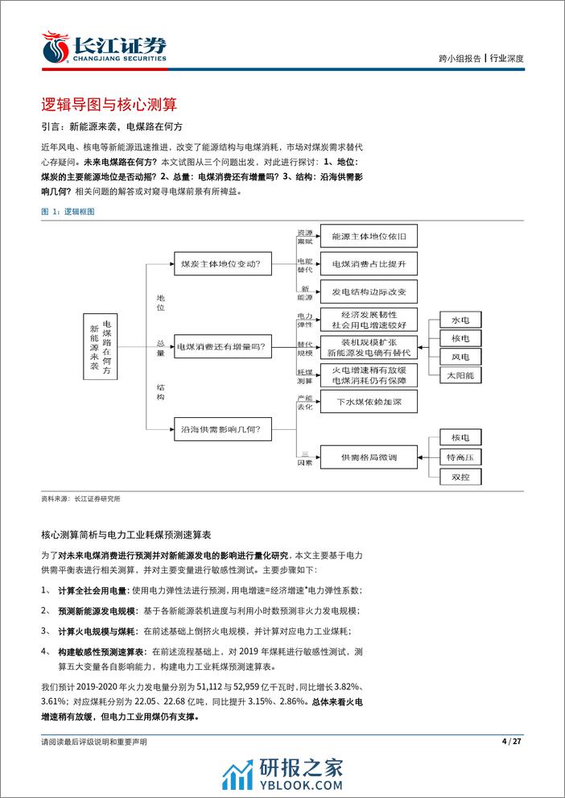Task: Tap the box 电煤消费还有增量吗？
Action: click(x=223, y=347)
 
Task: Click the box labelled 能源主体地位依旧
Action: click(x=369, y=237)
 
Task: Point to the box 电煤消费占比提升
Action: click(x=369, y=263)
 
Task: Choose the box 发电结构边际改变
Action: click(x=369, y=291)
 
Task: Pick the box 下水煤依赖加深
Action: click(x=369, y=401)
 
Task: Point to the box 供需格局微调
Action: click(x=369, y=457)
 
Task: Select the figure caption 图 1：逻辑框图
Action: click(x=68, y=211)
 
